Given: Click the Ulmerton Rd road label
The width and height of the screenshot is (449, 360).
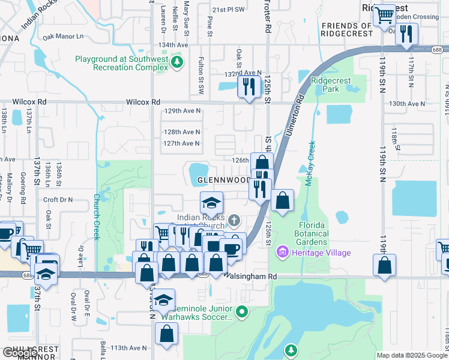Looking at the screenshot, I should pyautogui.click(x=294, y=115).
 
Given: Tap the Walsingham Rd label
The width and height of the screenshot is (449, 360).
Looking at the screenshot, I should pyautogui.click(x=250, y=276).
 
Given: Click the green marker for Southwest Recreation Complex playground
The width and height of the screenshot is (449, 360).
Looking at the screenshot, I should pyautogui.click(x=176, y=62).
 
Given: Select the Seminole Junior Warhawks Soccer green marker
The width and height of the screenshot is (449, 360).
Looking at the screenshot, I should pyautogui.click(x=241, y=311).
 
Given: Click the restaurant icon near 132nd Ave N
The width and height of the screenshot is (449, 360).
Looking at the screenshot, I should pyautogui.click(x=247, y=86).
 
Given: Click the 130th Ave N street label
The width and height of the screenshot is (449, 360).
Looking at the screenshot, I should pyautogui.click(x=407, y=104).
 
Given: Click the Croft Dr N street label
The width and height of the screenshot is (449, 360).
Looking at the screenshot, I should pyautogui.click(x=58, y=199).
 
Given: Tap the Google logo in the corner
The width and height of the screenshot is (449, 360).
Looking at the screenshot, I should pyautogui.click(x=20, y=353).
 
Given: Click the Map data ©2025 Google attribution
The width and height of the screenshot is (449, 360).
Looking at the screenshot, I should pyautogui.click(x=412, y=355).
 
